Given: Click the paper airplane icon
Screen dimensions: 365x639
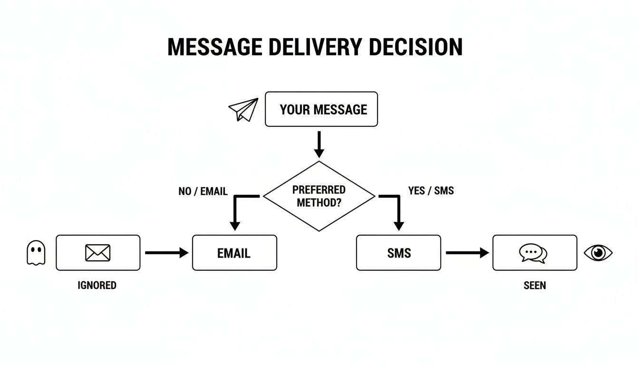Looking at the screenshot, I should pos(243,109).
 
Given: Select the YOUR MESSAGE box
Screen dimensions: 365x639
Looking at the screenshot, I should pos(321,109).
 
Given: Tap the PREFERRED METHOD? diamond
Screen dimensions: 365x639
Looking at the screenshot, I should pos(319,196).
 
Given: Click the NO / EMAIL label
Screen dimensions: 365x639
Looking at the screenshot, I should pos(203,191).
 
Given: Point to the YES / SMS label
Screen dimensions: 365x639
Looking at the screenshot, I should pos(431,191).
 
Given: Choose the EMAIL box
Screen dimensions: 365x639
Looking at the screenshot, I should pos(234,253).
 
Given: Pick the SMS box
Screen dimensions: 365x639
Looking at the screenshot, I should pos(398,253).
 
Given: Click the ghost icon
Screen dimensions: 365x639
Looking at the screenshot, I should pos(36,252).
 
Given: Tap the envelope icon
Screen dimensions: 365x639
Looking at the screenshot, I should pos(98,253).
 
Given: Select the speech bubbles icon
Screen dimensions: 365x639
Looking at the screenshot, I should pos(533,253).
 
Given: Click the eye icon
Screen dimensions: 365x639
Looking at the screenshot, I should pos(598,252).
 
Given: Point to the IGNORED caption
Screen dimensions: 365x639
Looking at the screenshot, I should pos(97,285).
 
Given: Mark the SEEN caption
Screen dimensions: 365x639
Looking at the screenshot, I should pos(534,285).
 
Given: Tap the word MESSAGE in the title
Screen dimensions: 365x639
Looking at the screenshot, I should pos(214,47).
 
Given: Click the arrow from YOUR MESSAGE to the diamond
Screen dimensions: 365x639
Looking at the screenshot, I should pos(319,144).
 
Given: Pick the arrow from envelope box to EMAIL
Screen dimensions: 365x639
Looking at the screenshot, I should pos(166,253).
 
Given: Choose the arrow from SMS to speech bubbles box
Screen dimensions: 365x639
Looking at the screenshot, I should pos(467,253).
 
